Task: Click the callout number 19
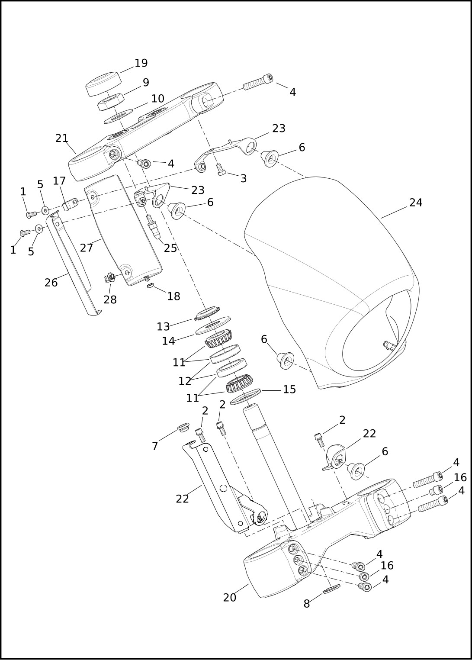[x=141, y=63]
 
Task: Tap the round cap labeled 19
[x=103, y=84]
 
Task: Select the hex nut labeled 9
[x=111, y=102]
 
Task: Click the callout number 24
[x=415, y=203]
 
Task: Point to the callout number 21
[x=62, y=138]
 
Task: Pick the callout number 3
[x=244, y=179]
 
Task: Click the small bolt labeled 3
[x=221, y=170]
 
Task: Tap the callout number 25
[x=170, y=248]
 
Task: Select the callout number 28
[x=110, y=299]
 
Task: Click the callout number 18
[x=173, y=296]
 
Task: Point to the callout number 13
[x=163, y=326]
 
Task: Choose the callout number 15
[x=289, y=390]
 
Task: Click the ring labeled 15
[x=245, y=396]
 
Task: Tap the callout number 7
[x=155, y=446]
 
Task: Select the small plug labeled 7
[x=183, y=428]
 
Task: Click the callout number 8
[x=306, y=604]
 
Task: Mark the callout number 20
[x=229, y=598]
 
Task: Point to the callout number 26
[x=51, y=283]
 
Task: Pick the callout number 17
[x=59, y=181]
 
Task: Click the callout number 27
[x=87, y=248]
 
